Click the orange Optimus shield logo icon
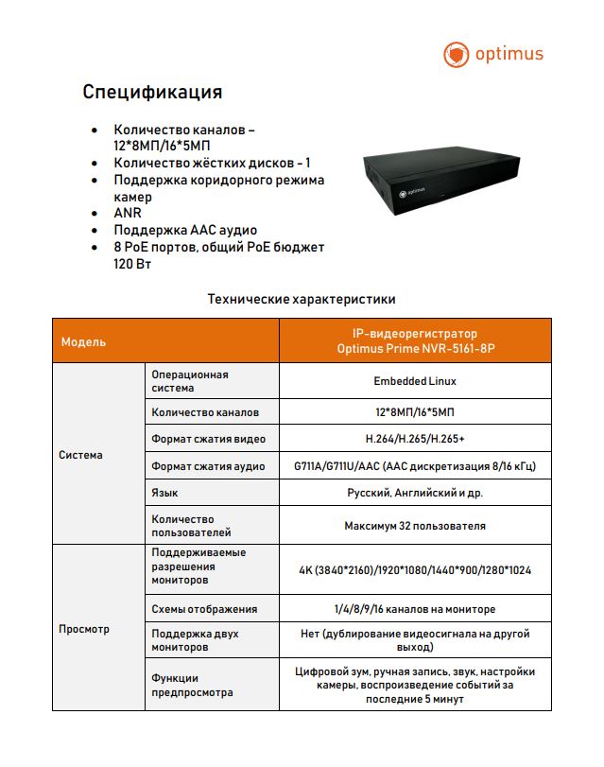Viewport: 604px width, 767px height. pos(457,54)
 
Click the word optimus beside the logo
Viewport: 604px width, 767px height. pos(508,54)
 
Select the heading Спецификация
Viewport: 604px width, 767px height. pos(152,93)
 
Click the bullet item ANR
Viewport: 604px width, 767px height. pos(128,214)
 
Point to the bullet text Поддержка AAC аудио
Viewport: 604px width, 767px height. pos(185,230)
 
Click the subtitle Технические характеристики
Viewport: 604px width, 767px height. pos(301,299)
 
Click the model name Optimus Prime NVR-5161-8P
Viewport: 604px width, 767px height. pos(415,348)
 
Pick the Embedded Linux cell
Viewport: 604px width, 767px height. pos(415,381)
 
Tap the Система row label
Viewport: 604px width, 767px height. pos(80,455)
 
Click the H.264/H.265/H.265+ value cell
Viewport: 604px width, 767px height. pos(415,440)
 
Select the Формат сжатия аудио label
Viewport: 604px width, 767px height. pos(208,466)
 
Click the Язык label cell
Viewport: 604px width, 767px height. pos(164,493)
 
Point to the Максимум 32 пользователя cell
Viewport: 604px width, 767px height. pos(415,526)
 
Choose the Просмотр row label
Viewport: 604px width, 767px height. pos(84,628)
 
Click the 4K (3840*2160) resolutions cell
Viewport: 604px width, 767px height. pos(415,571)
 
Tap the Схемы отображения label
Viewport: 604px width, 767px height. pos(204,609)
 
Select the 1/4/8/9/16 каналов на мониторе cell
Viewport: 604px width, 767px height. pos(415,609)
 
